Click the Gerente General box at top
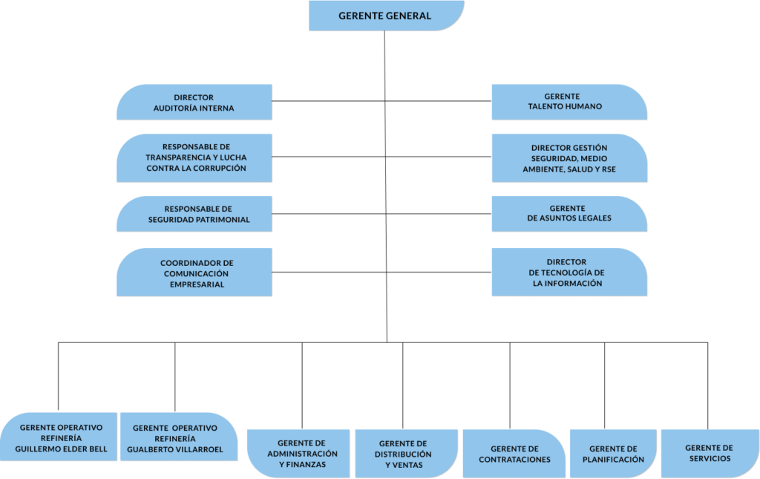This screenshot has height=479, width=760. [x=386, y=16]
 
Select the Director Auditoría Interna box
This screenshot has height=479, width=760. [x=194, y=102]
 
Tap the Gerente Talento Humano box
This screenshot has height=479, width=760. [x=569, y=102]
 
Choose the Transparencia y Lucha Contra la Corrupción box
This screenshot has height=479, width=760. [x=194, y=157]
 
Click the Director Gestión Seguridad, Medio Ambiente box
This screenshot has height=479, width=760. [x=569, y=158]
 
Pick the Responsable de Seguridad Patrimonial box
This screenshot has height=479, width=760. [x=194, y=214]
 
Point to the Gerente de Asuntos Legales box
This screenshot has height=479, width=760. [x=569, y=214]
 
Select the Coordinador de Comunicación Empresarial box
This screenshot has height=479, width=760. [x=194, y=273]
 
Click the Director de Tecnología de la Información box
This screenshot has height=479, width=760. [x=569, y=273]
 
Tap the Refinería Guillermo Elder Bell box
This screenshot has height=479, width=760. [x=59, y=437]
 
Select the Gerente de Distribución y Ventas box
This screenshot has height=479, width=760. [x=406, y=453]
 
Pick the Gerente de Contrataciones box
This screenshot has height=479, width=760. [x=514, y=453]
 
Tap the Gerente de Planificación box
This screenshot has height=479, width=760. [x=613, y=453]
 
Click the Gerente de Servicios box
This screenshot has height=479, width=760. [x=709, y=452]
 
